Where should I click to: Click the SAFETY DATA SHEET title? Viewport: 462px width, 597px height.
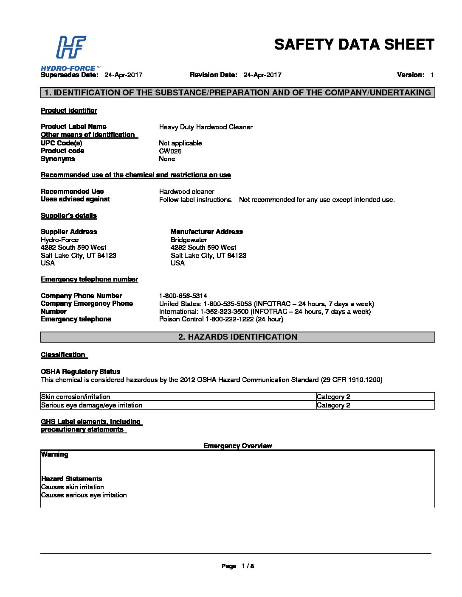click(354, 45)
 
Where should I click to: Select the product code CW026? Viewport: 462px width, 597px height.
click(170, 151)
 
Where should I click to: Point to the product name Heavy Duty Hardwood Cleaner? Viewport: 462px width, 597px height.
click(206, 127)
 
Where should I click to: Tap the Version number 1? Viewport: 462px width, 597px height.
click(432, 75)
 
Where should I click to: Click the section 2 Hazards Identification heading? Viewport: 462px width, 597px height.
click(237, 337)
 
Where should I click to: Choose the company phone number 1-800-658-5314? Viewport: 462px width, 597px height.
click(183, 296)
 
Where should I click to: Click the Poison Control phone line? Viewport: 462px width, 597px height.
click(221, 319)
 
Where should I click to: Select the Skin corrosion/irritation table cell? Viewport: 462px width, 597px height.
click(76, 397)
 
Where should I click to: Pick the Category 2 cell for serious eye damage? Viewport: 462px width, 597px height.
click(333, 405)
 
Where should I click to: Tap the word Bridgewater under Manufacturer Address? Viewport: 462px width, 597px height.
click(189, 240)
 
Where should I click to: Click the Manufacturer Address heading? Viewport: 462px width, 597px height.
click(206, 232)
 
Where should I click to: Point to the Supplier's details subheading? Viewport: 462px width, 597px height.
click(68, 215)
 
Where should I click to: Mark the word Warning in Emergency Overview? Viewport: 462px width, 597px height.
click(54, 455)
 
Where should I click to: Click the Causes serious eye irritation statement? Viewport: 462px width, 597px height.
click(84, 495)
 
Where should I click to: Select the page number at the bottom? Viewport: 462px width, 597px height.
click(248, 566)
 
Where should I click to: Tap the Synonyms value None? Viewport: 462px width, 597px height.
click(167, 159)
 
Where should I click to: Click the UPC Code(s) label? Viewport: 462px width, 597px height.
click(61, 143)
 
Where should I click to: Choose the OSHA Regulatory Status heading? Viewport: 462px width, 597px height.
click(80, 371)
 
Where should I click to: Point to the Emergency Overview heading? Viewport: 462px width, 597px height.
click(237, 446)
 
